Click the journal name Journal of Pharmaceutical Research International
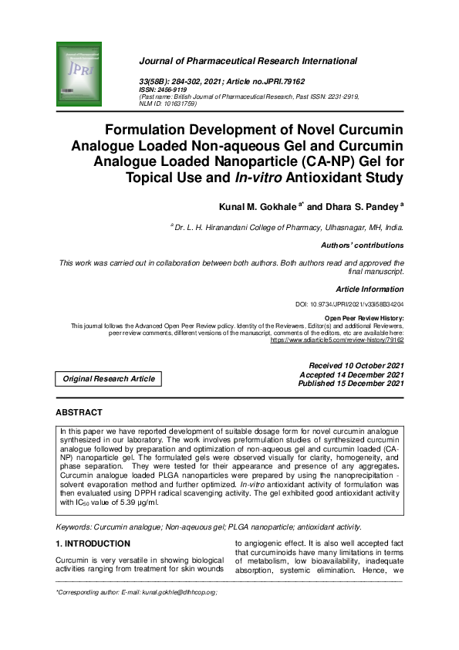pos(248,60)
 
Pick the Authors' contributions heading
pos(362,245)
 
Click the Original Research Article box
pos(108,378)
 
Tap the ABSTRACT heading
pos(79,413)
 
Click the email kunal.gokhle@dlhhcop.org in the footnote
pos(173,592)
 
